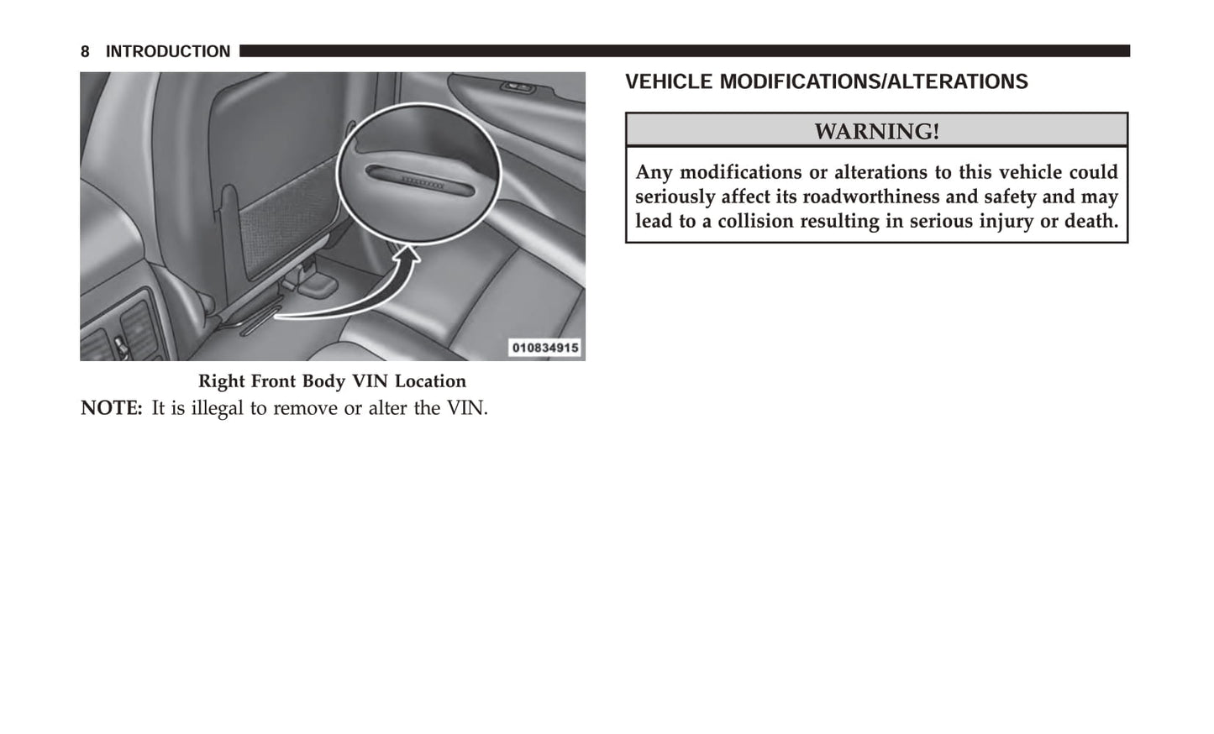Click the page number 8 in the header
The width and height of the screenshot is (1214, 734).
[85, 52]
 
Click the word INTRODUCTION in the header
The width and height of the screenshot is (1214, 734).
[167, 52]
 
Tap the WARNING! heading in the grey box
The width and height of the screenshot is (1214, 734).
[876, 132]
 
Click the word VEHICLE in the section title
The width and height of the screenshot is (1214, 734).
[669, 82]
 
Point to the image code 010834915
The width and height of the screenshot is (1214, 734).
[545, 348]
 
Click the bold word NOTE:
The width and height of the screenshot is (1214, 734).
[111, 409]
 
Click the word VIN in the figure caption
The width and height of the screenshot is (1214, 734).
[370, 381]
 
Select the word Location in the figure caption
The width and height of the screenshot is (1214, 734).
[430, 381]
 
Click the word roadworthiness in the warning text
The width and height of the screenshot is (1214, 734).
[871, 197]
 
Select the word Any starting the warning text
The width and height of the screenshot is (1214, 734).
[654, 172]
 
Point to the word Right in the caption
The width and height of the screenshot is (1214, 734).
[222, 381]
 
